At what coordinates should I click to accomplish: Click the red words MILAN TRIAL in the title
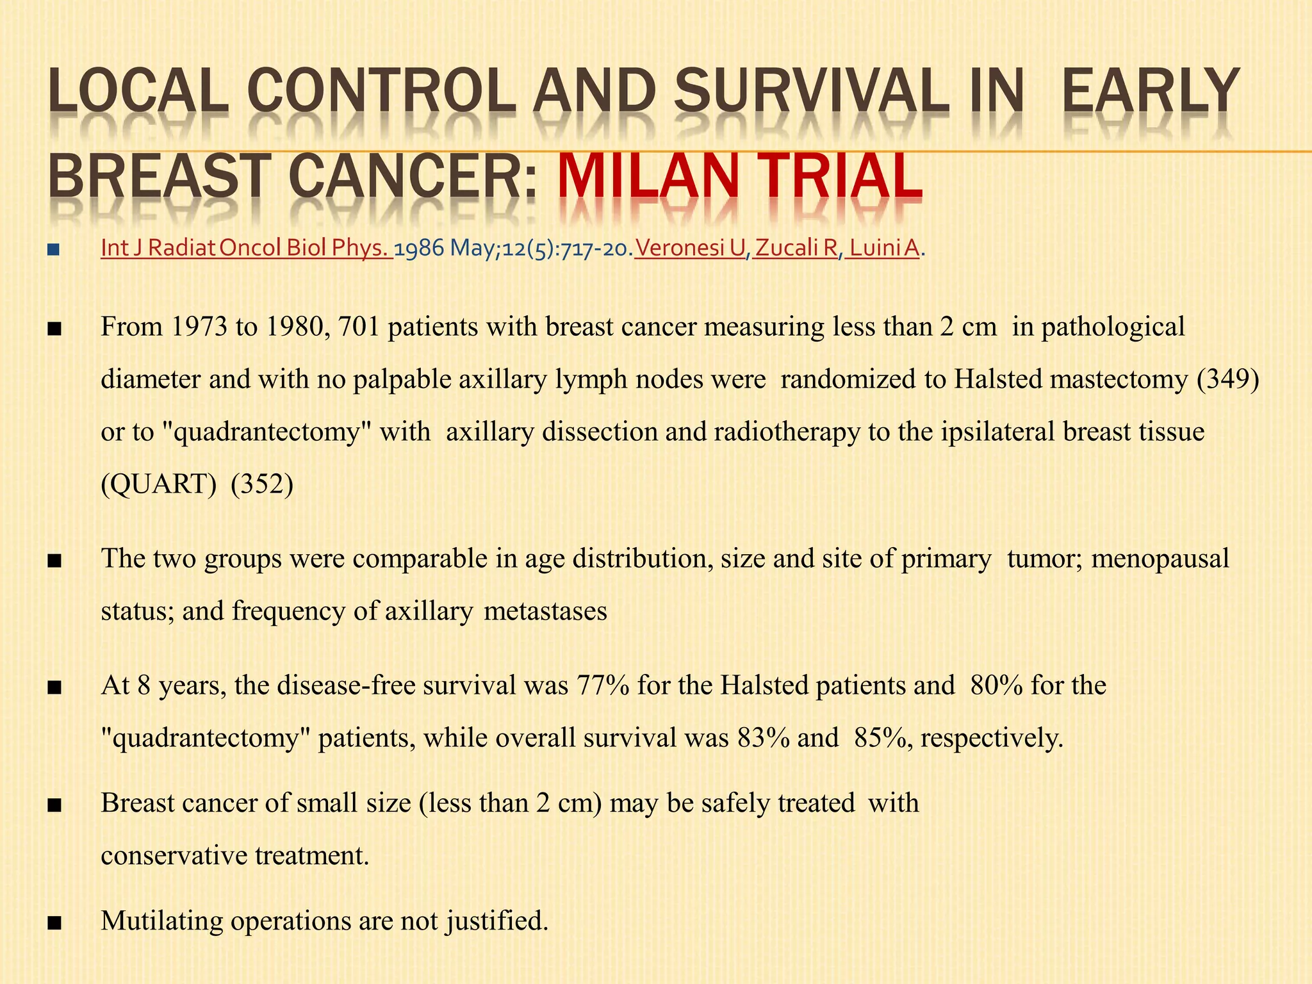click(740, 175)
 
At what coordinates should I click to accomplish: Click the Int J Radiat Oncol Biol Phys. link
click(247, 248)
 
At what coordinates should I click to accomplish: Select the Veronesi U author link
click(690, 248)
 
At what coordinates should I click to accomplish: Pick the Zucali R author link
click(796, 248)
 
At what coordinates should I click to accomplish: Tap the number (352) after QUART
click(262, 485)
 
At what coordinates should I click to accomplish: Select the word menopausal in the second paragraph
click(1160, 559)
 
